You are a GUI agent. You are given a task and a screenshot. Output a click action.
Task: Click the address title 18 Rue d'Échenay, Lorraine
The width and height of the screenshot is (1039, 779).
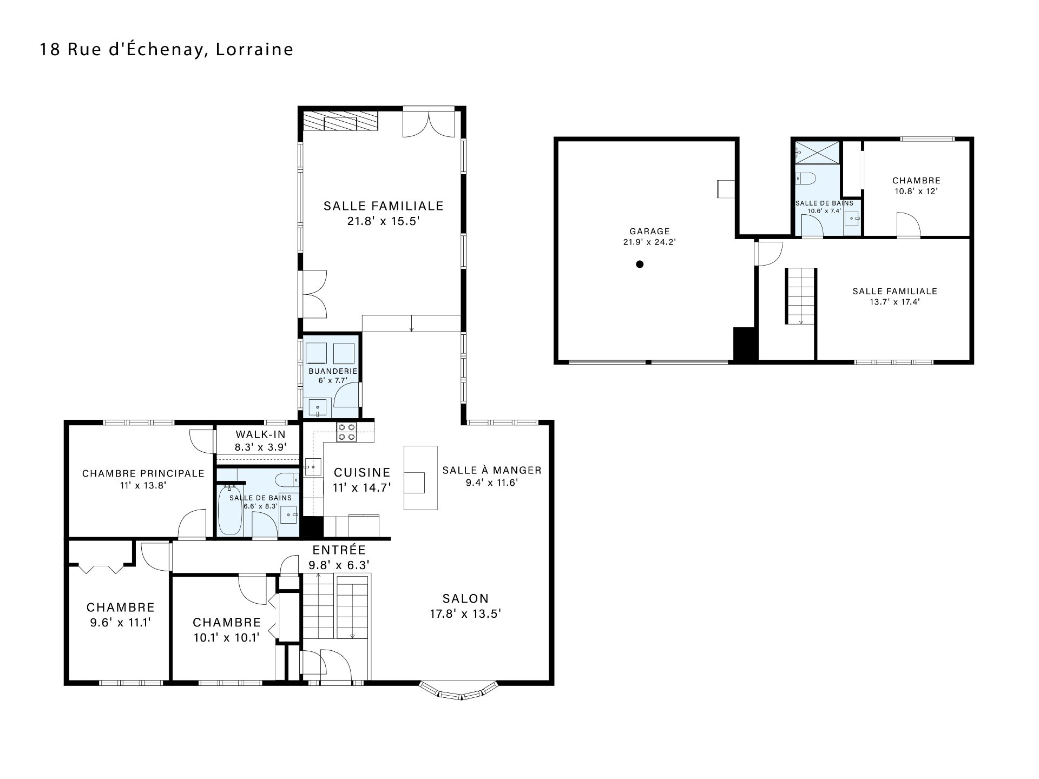point(167,49)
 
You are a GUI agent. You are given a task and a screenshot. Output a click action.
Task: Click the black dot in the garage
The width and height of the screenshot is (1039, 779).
point(640,264)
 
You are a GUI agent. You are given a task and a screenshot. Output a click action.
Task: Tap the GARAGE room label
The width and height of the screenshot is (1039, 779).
point(649,232)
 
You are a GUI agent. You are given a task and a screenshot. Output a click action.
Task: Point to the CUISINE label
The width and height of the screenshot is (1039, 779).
point(362,473)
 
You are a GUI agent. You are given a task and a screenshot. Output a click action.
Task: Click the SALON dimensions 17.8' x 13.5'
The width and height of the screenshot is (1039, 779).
point(466,614)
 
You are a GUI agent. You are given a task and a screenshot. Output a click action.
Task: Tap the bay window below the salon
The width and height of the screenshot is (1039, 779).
point(459,692)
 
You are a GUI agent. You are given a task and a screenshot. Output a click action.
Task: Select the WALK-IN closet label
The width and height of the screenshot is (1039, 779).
point(260,434)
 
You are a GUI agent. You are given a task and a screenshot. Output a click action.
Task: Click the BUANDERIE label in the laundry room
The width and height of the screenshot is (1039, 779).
point(333,371)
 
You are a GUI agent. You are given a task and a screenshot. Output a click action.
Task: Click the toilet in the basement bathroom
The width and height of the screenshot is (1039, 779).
point(806,178)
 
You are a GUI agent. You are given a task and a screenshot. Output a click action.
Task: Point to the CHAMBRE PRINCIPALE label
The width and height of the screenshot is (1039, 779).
point(143,474)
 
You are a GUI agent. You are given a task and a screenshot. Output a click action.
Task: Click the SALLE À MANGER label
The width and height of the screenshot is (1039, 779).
point(492,471)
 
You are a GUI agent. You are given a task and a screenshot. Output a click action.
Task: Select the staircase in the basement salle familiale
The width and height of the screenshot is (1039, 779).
point(800,296)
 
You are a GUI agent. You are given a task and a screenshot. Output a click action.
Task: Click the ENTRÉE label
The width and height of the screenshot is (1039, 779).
point(339,550)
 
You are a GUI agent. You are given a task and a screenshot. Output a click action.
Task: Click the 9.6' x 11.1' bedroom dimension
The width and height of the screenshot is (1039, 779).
point(120,623)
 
